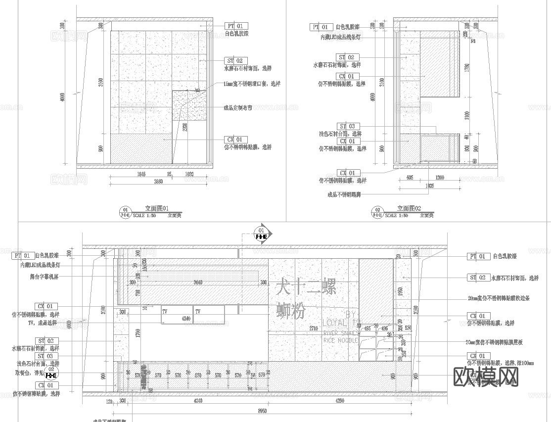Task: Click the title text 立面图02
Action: tap(409, 209)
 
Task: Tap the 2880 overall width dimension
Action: tap(158, 182)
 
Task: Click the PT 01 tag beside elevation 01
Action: tap(236, 26)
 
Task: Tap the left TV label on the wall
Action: tap(164, 312)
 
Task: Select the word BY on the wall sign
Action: tap(350, 314)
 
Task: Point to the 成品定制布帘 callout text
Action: tap(238, 107)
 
